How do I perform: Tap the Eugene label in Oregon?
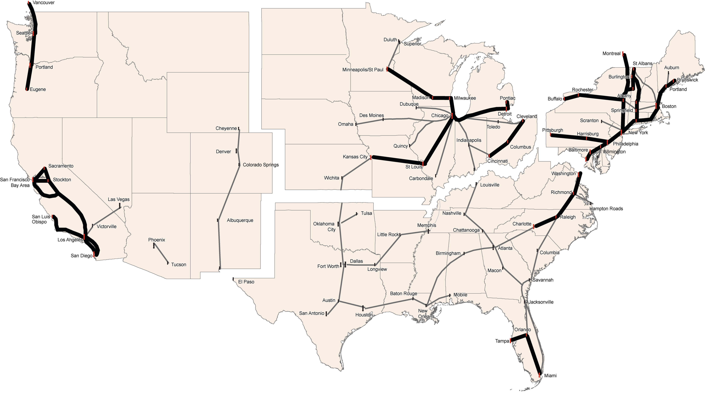[38, 89]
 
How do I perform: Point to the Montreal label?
[611, 54]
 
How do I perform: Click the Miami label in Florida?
[550, 376]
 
